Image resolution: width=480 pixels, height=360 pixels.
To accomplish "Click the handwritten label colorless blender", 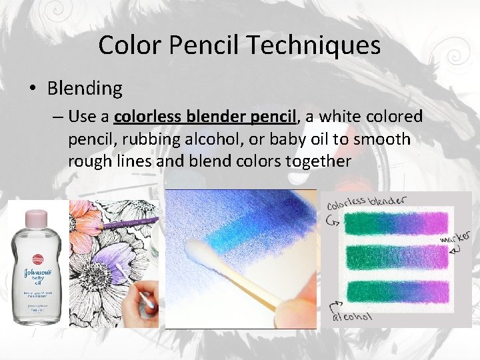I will point(367,202).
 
